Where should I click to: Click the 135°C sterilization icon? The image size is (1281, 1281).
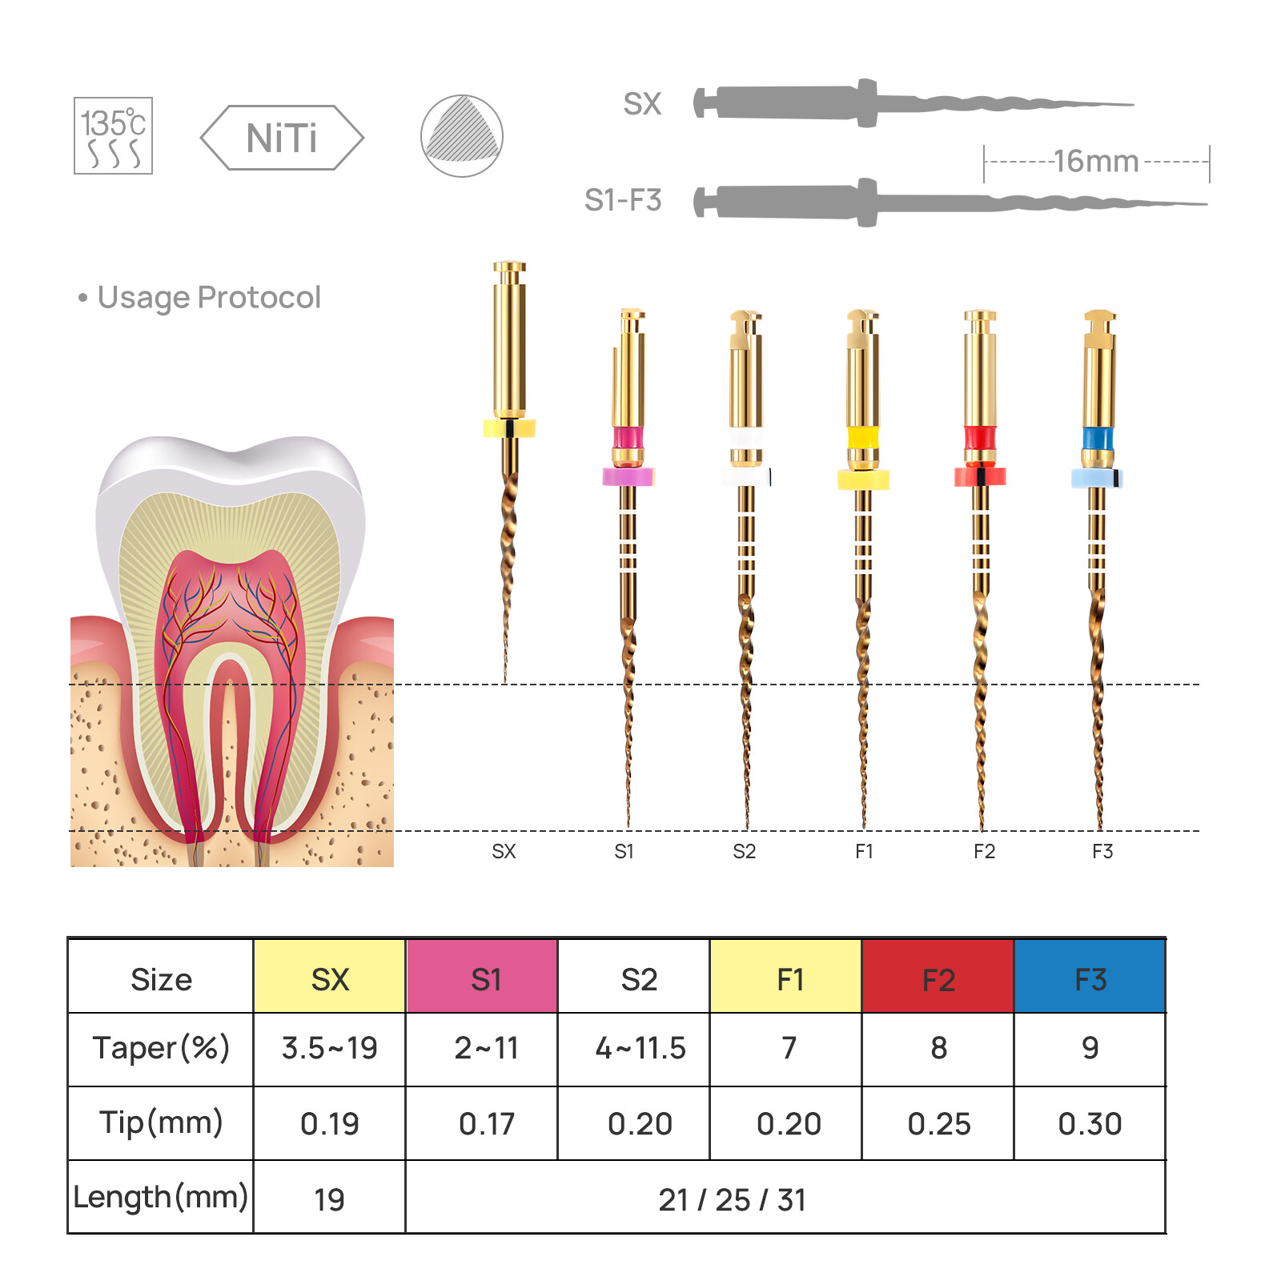click(x=113, y=135)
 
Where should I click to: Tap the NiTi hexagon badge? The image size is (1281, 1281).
click(x=282, y=138)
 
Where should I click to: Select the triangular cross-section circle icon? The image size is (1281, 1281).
click(x=461, y=136)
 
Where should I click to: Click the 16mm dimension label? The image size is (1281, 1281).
click(x=1095, y=162)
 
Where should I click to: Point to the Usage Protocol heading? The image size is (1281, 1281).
click(x=208, y=298)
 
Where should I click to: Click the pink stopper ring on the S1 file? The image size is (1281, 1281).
click(x=628, y=477)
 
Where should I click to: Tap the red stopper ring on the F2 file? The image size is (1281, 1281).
click(x=980, y=477)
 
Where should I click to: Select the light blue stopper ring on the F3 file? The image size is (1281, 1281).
click(x=1097, y=478)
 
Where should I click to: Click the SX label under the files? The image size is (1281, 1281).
click(x=504, y=852)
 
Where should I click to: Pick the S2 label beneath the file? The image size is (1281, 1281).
click(x=744, y=852)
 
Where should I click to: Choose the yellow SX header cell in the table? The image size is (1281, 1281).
click(x=329, y=978)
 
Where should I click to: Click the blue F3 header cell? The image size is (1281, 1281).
click(x=1090, y=978)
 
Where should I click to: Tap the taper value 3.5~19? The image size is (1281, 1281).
click(x=329, y=1048)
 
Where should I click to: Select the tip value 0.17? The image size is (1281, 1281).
click(x=487, y=1124)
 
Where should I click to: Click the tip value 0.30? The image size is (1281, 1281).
click(x=1090, y=1124)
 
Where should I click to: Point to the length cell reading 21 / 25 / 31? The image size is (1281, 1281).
click(x=732, y=1199)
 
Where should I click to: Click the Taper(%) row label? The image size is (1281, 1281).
click(x=161, y=1048)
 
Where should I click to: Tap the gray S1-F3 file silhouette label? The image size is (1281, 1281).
click(x=623, y=200)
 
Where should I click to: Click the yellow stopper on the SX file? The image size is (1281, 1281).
click(x=509, y=428)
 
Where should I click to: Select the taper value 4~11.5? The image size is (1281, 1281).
click(x=640, y=1048)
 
